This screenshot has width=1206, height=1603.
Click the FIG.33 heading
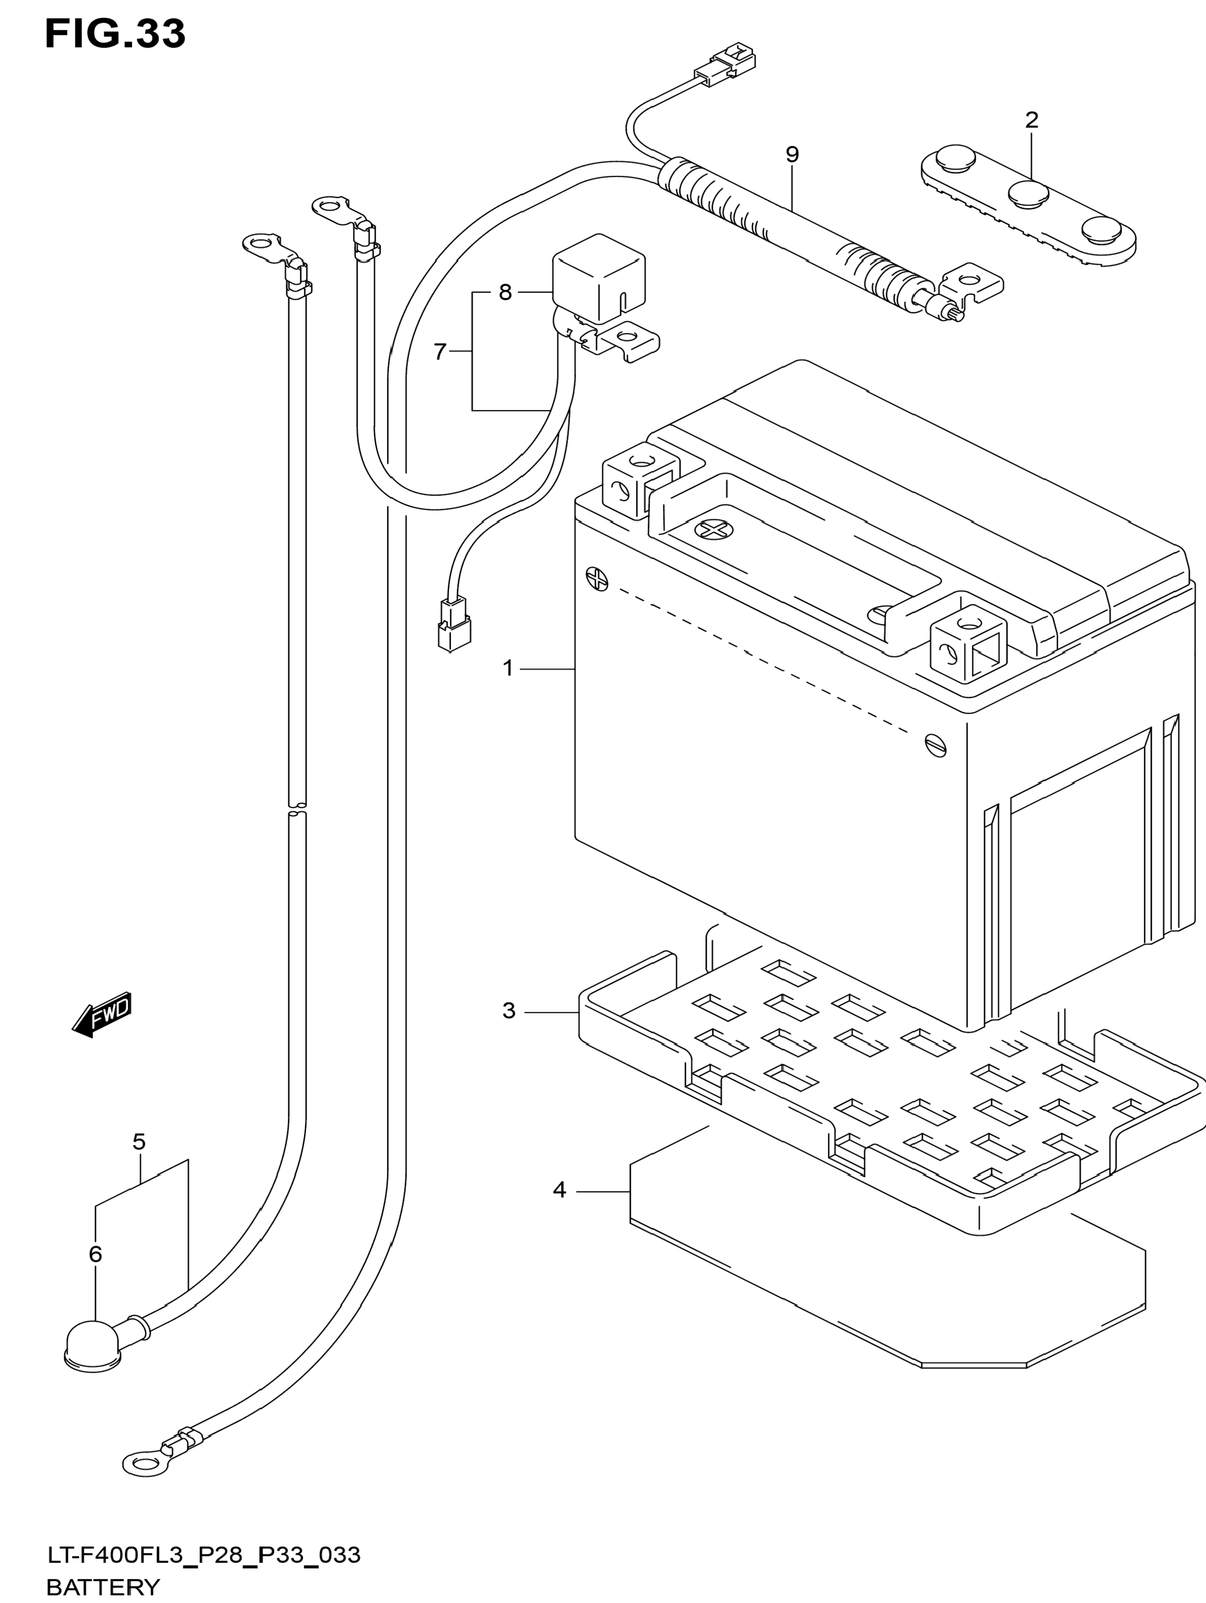tap(114, 34)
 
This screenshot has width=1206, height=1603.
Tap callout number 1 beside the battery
tap(507, 668)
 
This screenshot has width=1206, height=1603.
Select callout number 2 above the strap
tap(1031, 120)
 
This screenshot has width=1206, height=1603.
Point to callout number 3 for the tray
tap(509, 1011)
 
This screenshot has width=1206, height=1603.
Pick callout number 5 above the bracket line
tap(139, 1142)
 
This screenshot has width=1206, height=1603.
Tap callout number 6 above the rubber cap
tap(96, 1254)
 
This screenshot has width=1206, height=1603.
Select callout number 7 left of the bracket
tap(440, 352)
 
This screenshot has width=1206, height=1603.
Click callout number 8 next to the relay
tap(505, 293)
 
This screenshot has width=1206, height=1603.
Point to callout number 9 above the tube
tap(792, 154)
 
